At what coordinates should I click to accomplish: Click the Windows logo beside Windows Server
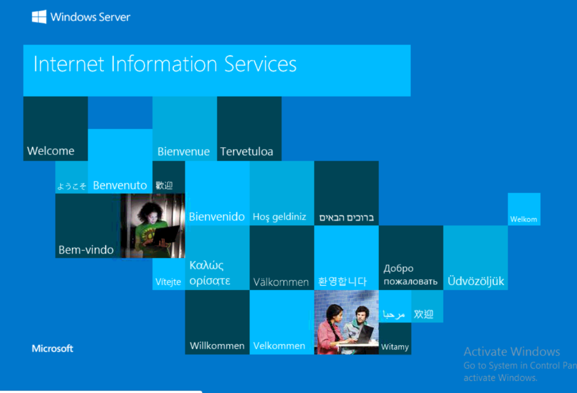(39, 17)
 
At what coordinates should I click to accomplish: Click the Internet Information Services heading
(165, 64)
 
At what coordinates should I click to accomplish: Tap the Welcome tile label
(51, 151)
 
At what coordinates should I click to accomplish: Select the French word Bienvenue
(183, 152)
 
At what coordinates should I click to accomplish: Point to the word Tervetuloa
(247, 152)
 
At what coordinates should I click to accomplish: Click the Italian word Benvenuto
(120, 185)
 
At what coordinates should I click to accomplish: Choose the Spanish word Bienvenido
(217, 217)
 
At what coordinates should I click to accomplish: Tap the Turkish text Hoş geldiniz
(280, 217)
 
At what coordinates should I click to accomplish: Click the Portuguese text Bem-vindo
(86, 250)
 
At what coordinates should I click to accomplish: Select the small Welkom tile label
(524, 219)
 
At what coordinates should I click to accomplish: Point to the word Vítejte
(168, 282)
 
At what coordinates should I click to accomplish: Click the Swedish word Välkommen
(281, 283)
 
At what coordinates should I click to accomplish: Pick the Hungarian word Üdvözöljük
(476, 281)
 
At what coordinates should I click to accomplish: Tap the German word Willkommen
(217, 346)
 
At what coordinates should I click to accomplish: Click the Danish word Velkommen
(279, 346)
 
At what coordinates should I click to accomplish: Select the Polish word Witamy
(395, 347)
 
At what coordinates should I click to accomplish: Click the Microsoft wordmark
(52, 348)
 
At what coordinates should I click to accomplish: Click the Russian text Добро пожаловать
(410, 275)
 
